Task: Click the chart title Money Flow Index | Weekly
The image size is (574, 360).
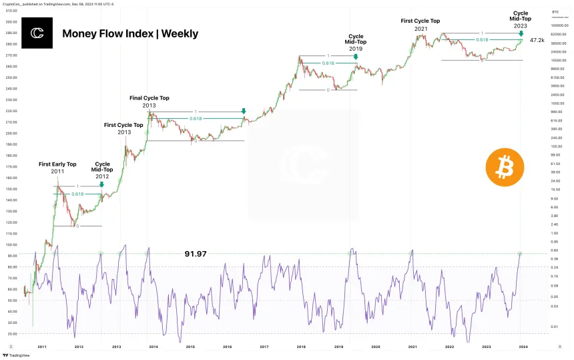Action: pos(130,33)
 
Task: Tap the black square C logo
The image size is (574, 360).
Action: pos(37,33)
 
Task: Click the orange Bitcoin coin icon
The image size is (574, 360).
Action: pos(505,168)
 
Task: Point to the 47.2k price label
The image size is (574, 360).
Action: pos(537,41)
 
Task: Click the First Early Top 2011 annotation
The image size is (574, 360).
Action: pos(57,168)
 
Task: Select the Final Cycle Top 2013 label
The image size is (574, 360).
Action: pos(149,102)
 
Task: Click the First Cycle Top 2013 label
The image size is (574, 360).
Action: pos(123,128)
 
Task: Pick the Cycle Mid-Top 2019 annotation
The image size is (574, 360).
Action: pos(356,43)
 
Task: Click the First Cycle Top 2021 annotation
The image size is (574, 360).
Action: pos(420,25)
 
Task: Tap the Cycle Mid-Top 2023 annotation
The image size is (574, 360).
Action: pos(521,19)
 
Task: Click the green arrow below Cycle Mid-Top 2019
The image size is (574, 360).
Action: pos(356,57)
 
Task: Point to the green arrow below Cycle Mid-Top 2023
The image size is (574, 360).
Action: pos(521,33)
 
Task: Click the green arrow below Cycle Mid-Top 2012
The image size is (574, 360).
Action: pos(101,185)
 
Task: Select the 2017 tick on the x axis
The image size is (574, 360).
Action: pos(264,347)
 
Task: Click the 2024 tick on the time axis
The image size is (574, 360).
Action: pos(523,347)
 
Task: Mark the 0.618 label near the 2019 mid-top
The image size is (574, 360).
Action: pos(328,63)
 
